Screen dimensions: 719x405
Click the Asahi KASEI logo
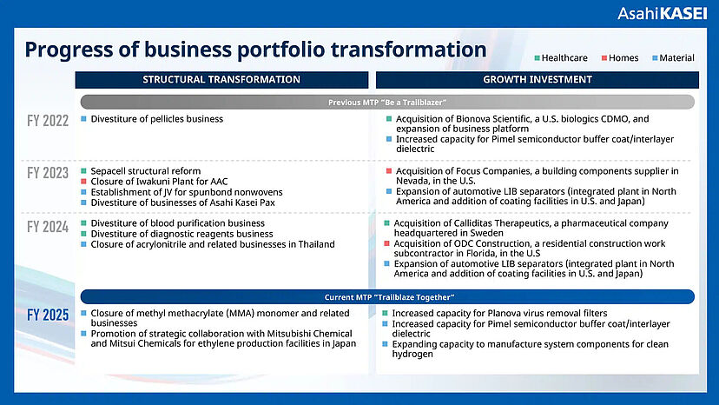pyautogui.click(x=662, y=13)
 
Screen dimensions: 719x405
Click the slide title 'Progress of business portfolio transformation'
pyautogui.click(x=255, y=50)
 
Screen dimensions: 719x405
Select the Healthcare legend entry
pyautogui.click(x=561, y=58)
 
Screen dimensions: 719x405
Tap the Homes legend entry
pyautogui.click(x=620, y=58)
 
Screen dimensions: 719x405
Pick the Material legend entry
pyautogui.click(x=673, y=58)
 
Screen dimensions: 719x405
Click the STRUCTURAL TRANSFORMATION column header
pyautogui.click(x=221, y=79)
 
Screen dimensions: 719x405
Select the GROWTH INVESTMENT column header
pyautogui.click(x=538, y=79)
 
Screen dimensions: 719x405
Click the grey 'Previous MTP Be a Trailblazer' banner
pyautogui.click(x=387, y=102)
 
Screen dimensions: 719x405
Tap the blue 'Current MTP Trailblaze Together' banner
pyautogui.click(x=387, y=297)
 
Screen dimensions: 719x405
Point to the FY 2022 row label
pyautogui.click(x=48, y=121)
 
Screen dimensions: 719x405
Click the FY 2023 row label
pyautogui.click(x=48, y=173)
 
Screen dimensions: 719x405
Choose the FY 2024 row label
pyautogui.click(x=48, y=227)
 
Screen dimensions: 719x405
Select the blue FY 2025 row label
pyautogui.click(x=48, y=315)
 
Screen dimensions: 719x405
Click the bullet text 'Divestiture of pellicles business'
pyautogui.click(x=157, y=119)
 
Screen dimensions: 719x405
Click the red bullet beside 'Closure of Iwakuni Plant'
pyautogui.click(x=83, y=182)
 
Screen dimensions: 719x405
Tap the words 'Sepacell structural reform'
pyautogui.click(x=145, y=171)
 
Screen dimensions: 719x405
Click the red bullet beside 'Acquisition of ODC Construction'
pyautogui.click(x=386, y=243)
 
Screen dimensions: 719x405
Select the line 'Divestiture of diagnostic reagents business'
pyautogui.click(x=181, y=234)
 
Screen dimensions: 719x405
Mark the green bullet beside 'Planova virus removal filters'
pyautogui.click(x=386, y=313)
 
